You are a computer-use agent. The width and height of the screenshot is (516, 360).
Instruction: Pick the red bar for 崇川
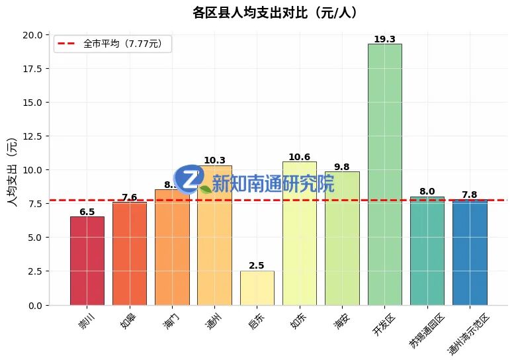pos(87,261)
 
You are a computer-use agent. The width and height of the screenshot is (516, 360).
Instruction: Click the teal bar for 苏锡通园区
pos(427,251)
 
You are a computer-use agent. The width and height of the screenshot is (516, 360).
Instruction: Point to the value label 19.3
pos(384,39)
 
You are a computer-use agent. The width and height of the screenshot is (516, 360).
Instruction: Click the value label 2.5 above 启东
pos(257,265)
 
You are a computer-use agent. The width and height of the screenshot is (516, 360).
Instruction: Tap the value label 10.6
pos(299,157)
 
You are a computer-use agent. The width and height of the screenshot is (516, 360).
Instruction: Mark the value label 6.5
pos(87,212)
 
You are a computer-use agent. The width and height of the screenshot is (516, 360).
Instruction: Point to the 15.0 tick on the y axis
pos(32,103)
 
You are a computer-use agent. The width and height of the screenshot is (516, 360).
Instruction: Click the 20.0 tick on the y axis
pos(32,35)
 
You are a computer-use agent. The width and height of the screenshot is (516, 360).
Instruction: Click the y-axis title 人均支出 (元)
pos(11,171)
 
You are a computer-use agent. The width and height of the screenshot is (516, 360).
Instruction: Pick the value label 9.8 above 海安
pos(342,167)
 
